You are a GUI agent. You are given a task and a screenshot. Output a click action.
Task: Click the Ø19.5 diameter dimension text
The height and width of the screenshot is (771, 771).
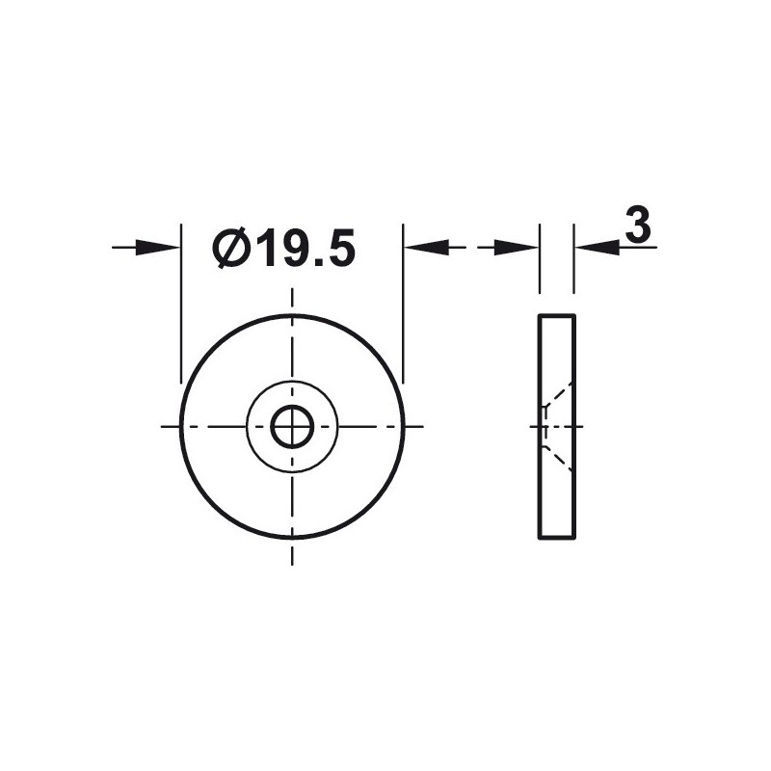(x=283, y=248)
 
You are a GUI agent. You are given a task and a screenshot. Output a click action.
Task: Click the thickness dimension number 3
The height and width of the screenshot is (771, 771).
(x=638, y=225)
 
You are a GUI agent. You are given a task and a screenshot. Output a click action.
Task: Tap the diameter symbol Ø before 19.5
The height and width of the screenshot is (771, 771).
(x=229, y=248)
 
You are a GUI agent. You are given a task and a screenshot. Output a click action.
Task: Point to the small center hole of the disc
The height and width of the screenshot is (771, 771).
(x=293, y=427)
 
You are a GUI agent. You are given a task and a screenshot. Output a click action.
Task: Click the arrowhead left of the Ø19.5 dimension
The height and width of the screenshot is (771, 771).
(x=157, y=248)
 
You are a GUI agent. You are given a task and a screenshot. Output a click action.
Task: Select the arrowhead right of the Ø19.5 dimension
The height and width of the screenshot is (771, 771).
(x=427, y=248)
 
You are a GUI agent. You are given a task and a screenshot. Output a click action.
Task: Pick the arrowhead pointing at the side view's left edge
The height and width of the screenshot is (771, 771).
(x=516, y=248)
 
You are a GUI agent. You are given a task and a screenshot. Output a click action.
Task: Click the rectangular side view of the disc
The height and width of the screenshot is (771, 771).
(x=557, y=427)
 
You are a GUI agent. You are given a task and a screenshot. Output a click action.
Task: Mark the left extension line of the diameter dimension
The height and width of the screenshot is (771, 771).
(x=181, y=304)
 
